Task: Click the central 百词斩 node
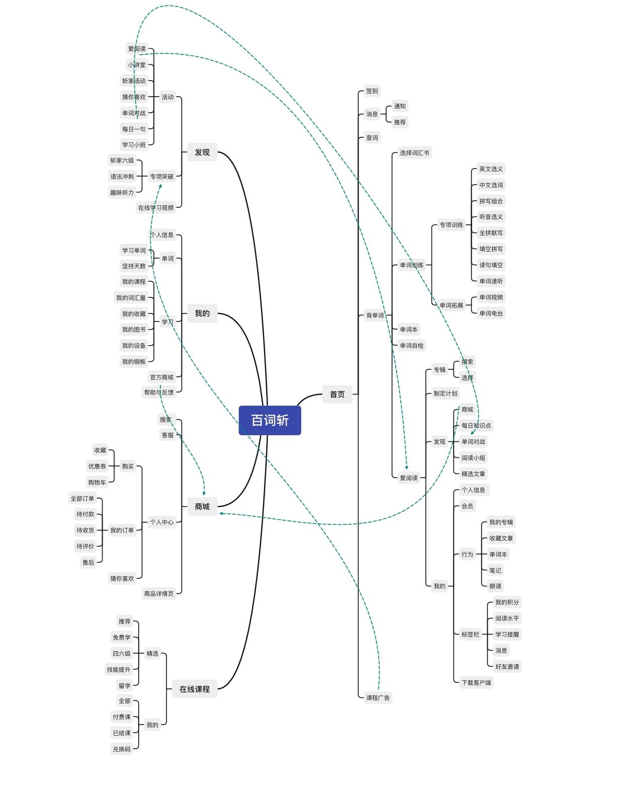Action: (270, 420)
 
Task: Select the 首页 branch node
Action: (337, 394)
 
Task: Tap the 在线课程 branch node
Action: (195, 689)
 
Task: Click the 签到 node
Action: (372, 91)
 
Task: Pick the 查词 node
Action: (372, 138)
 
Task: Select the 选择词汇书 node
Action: (414, 152)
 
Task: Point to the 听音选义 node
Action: (491, 217)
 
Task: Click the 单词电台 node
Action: (491, 313)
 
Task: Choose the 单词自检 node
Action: (411, 345)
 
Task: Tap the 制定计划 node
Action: (445, 393)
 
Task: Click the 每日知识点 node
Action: (476, 425)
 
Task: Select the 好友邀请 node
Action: (507, 666)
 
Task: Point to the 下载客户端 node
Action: (476, 682)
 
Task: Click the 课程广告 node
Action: (378, 697)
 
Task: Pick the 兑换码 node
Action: (122, 749)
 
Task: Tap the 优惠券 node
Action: (97, 466)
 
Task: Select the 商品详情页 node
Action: (159, 593)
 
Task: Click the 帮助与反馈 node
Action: (159, 392)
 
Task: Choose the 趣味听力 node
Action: (122, 192)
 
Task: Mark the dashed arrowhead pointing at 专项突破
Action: (160, 186)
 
